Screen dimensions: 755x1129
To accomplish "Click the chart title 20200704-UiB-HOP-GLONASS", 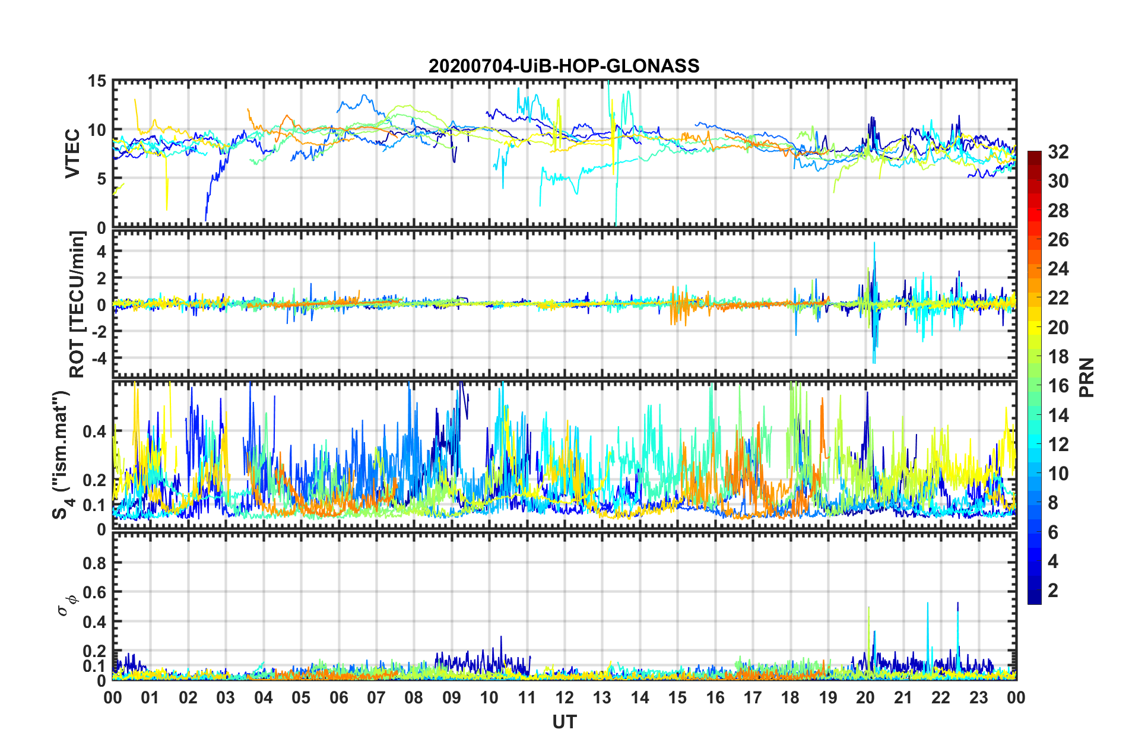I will [564, 65].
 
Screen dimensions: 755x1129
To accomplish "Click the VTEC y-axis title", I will [72, 153].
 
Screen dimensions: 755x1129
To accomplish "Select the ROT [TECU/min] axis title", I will [77, 304].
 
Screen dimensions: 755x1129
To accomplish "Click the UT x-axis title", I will [564, 722].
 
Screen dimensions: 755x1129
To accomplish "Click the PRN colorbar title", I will [1086, 377].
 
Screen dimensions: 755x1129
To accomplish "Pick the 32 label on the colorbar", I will [1058, 152].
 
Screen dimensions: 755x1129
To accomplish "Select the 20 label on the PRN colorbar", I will [1058, 327].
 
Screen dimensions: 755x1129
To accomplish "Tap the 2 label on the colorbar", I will [1053, 590].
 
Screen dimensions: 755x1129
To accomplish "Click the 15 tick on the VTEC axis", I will [97, 81].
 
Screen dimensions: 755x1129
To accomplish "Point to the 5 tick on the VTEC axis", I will [101, 179].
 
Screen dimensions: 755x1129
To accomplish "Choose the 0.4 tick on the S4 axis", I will [94, 431].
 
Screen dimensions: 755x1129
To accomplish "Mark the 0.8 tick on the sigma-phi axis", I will [94, 562].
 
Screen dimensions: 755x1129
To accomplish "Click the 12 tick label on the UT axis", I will [564, 697].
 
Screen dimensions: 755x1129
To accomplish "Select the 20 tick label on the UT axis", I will [865, 697].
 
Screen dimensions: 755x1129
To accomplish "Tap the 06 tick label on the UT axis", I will [339, 697].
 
